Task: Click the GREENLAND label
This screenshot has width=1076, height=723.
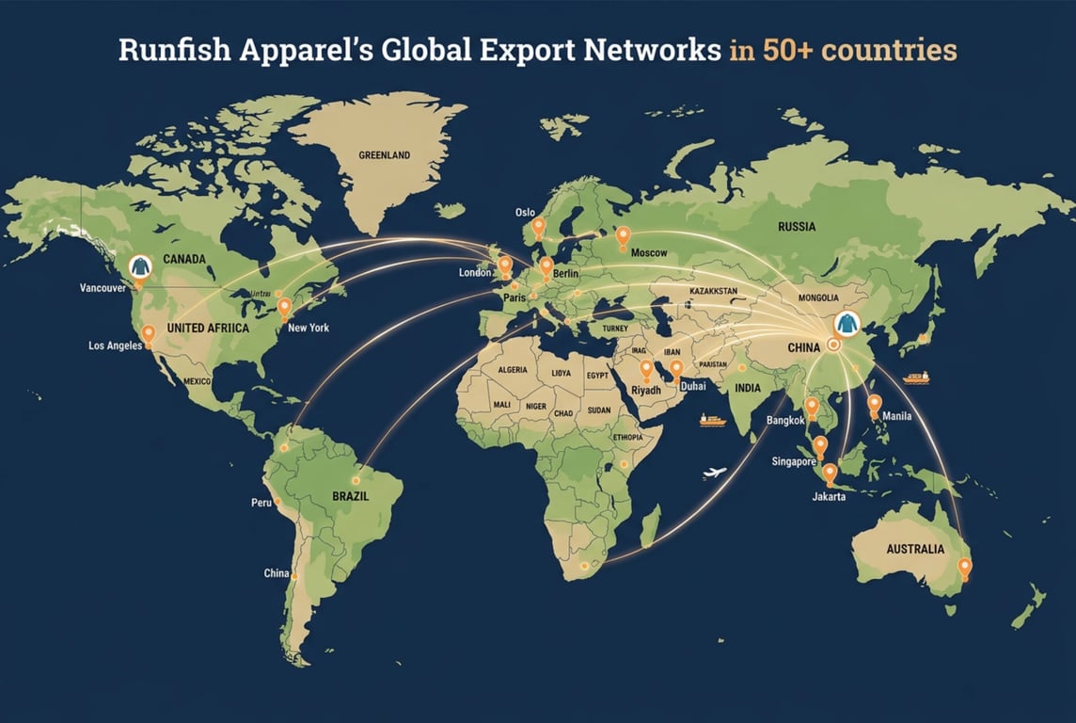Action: click(x=384, y=155)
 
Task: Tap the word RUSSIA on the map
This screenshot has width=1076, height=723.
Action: click(x=797, y=227)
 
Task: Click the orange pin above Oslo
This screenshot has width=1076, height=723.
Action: click(x=538, y=227)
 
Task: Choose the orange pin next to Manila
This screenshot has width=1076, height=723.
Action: click(x=874, y=405)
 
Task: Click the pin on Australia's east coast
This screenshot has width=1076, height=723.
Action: click(x=964, y=568)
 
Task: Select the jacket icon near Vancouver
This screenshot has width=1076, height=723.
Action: click(x=139, y=266)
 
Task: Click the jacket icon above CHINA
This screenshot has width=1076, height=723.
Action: click(x=847, y=324)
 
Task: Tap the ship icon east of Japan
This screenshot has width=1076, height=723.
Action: click(x=915, y=378)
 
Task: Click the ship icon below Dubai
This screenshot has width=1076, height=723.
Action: click(x=711, y=420)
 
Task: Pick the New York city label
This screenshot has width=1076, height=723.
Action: click(x=309, y=328)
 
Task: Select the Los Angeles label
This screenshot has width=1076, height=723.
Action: click(x=115, y=345)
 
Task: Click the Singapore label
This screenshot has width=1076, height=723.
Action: click(x=793, y=461)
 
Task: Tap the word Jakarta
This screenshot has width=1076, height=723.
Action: click(x=828, y=496)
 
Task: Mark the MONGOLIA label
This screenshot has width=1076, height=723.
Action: click(x=816, y=298)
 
